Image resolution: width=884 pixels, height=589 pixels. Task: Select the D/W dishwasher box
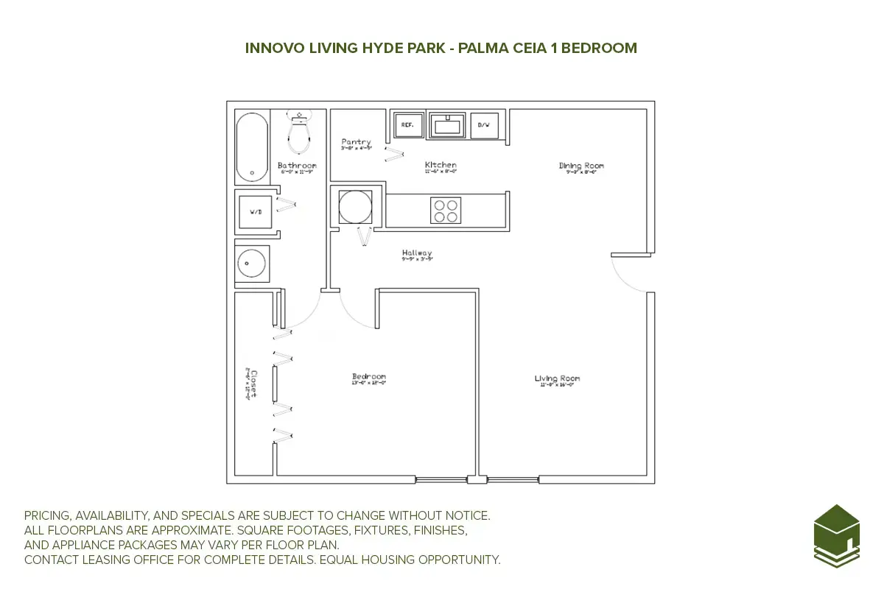pyautogui.click(x=484, y=126)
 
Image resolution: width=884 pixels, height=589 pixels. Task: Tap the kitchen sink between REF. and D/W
pyautogui.click(x=446, y=126)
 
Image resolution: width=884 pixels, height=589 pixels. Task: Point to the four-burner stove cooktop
pyautogui.click(x=446, y=211)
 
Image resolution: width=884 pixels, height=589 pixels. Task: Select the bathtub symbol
pyautogui.click(x=252, y=147)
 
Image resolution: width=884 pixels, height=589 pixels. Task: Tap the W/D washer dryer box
pyautogui.click(x=256, y=212)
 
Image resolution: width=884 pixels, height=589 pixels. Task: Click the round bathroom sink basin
pyautogui.click(x=252, y=262)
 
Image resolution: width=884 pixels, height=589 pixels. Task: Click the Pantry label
pyautogui.click(x=356, y=142)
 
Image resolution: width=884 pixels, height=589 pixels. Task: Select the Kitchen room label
pyautogui.click(x=441, y=165)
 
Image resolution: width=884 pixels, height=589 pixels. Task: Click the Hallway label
pyautogui.click(x=417, y=253)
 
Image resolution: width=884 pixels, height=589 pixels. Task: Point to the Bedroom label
pyautogui.click(x=369, y=378)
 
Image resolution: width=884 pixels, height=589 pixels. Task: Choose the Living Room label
pyautogui.click(x=557, y=379)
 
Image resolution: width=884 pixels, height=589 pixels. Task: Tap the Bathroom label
pyautogui.click(x=297, y=166)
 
